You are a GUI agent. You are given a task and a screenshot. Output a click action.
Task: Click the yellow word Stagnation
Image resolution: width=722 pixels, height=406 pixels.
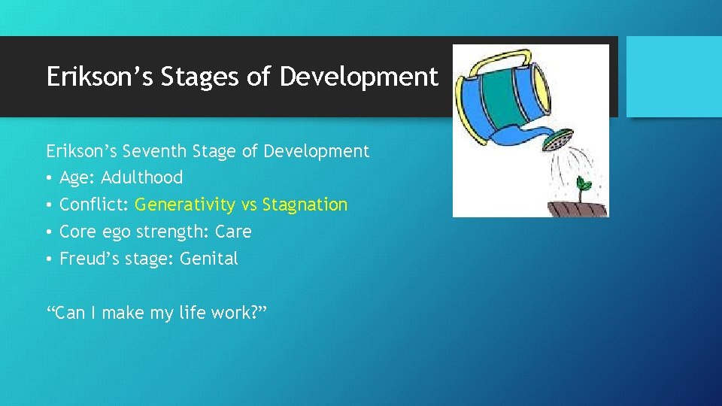coord(305,205)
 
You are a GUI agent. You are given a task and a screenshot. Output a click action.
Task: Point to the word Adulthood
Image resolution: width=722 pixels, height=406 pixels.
coord(141,178)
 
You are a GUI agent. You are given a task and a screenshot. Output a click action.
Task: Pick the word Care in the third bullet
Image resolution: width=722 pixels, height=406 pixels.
coord(233,232)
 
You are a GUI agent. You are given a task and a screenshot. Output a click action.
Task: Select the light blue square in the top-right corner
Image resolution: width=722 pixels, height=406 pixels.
coord(674,77)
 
